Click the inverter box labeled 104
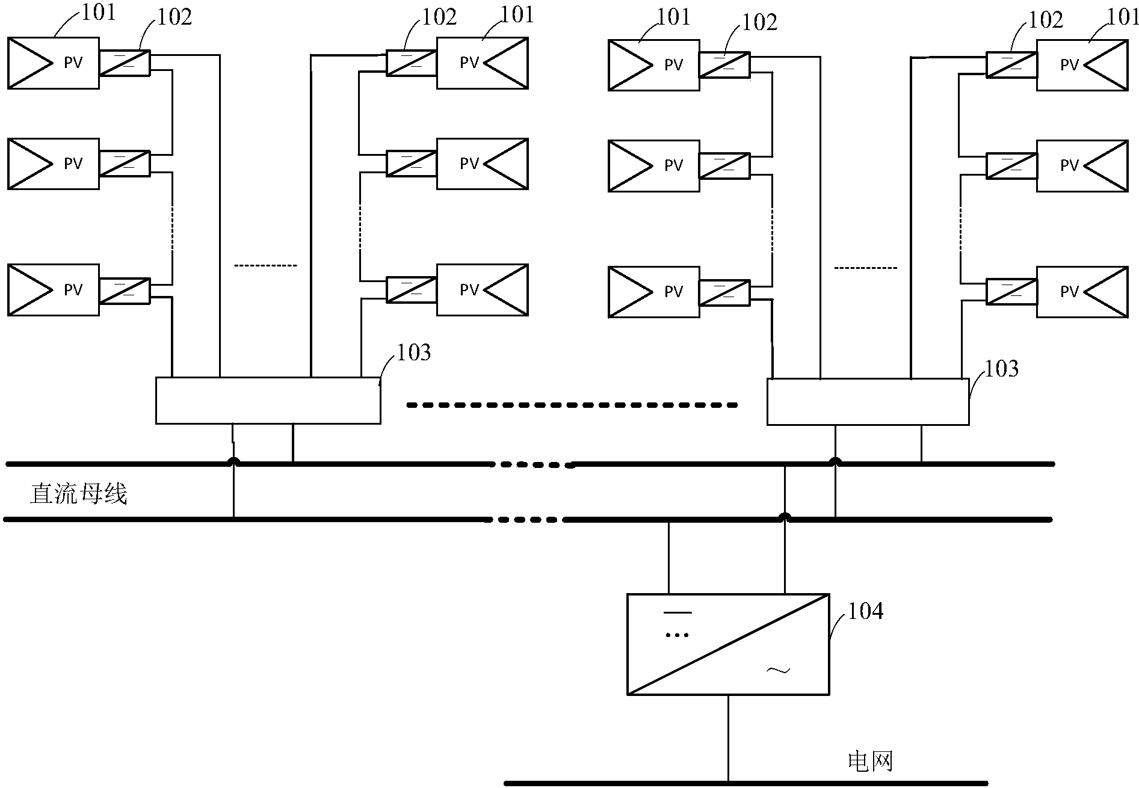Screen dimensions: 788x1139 [x=728, y=644]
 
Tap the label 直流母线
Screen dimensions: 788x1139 [x=79, y=494]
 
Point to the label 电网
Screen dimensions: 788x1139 [x=870, y=762]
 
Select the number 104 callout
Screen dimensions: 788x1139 [x=865, y=611]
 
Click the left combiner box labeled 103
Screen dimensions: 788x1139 [x=268, y=401]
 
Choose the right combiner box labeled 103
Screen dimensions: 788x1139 [x=868, y=402]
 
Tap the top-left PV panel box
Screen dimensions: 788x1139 [x=53, y=63]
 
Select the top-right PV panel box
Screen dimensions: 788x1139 [x=1082, y=65]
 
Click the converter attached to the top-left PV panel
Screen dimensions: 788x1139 [x=125, y=63]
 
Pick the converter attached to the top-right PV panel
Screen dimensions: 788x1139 [x=1011, y=65]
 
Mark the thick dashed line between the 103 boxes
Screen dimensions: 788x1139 [x=572, y=405]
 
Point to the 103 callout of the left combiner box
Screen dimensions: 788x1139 [x=414, y=352]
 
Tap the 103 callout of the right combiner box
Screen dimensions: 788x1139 [x=1001, y=369]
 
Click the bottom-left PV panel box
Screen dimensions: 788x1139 [x=53, y=290]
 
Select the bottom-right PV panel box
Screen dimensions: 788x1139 [x=1082, y=292]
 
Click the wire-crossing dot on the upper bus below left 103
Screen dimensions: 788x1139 [x=233, y=463]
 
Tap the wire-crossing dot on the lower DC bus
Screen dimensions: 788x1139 [x=784, y=517]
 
